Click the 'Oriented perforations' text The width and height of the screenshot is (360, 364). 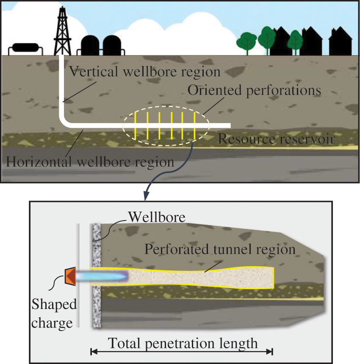(254, 91)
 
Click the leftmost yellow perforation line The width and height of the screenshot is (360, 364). (136, 126)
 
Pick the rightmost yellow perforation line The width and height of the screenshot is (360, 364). (194, 126)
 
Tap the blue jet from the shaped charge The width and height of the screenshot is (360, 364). (108, 276)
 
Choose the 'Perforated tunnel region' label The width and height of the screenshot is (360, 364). (220, 249)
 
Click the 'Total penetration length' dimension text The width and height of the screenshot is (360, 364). (183, 343)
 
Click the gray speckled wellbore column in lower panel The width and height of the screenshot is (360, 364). (97, 296)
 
